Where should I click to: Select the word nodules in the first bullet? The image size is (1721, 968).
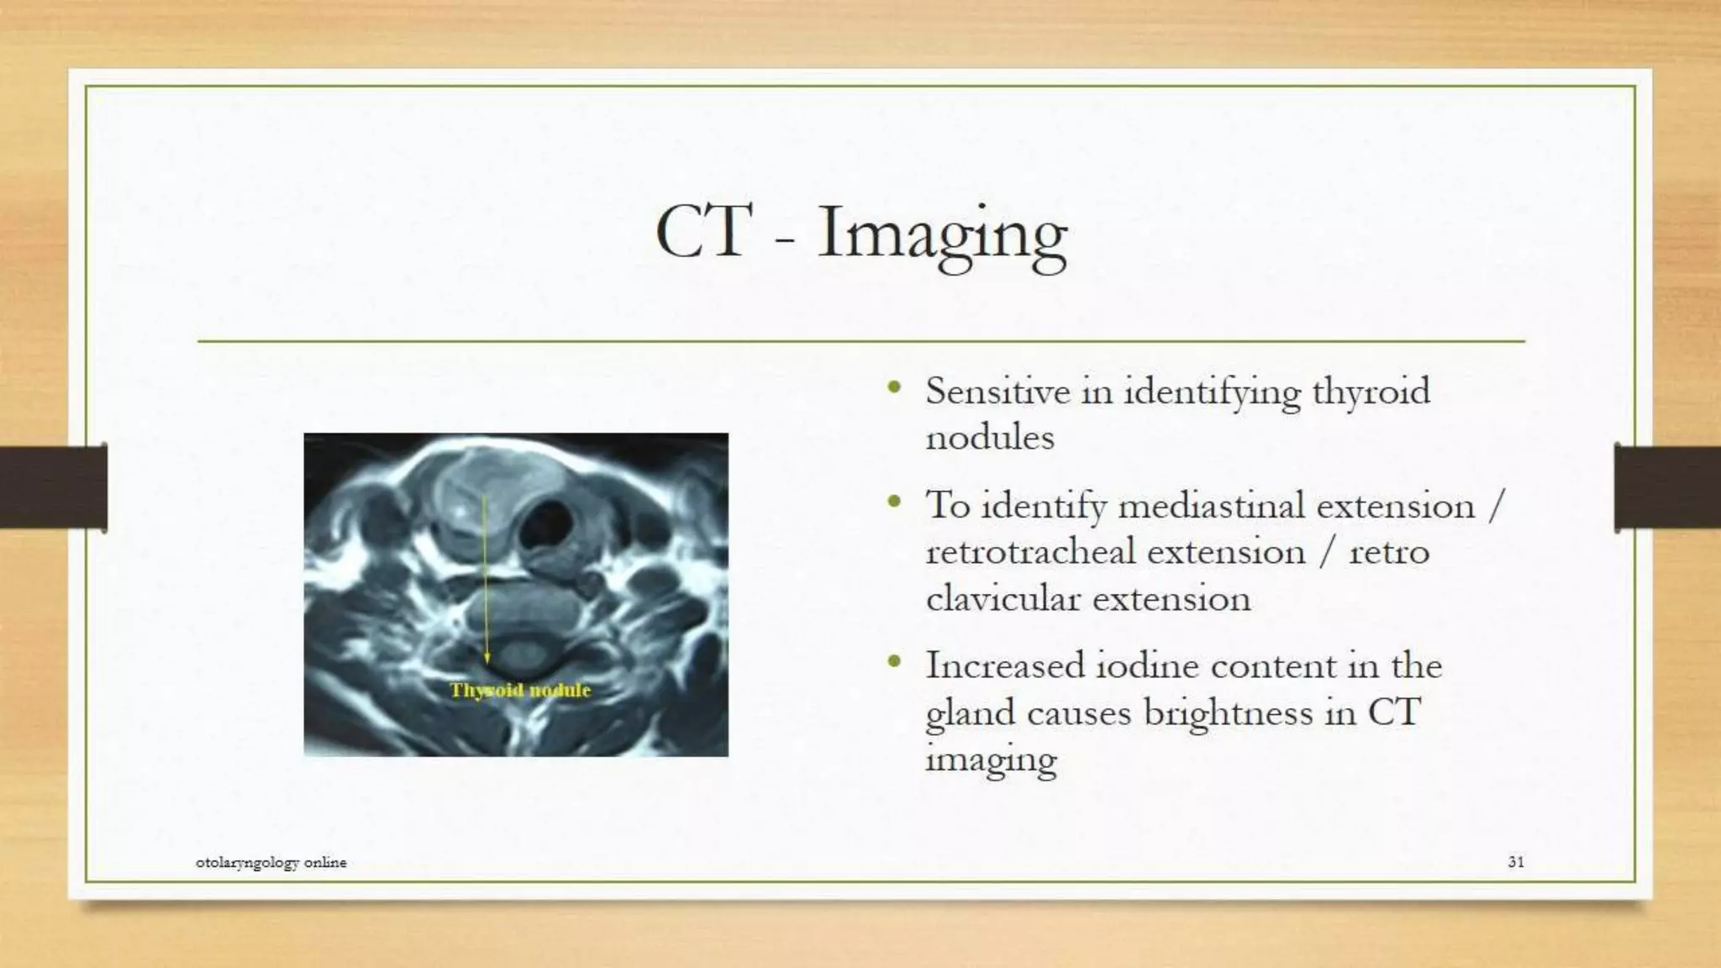(989, 437)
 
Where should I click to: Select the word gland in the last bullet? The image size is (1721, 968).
(969, 714)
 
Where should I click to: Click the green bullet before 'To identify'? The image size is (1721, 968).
(894, 502)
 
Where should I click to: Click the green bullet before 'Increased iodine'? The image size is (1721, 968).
(894, 663)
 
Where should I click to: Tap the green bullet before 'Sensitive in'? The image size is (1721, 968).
(894, 388)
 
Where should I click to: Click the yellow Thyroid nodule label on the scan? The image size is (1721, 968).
(520, 691)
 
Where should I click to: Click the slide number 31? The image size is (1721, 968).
(1515, 861)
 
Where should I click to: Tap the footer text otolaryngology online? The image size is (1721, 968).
(271, 862)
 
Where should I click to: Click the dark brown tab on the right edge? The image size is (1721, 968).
(1667, 487)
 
